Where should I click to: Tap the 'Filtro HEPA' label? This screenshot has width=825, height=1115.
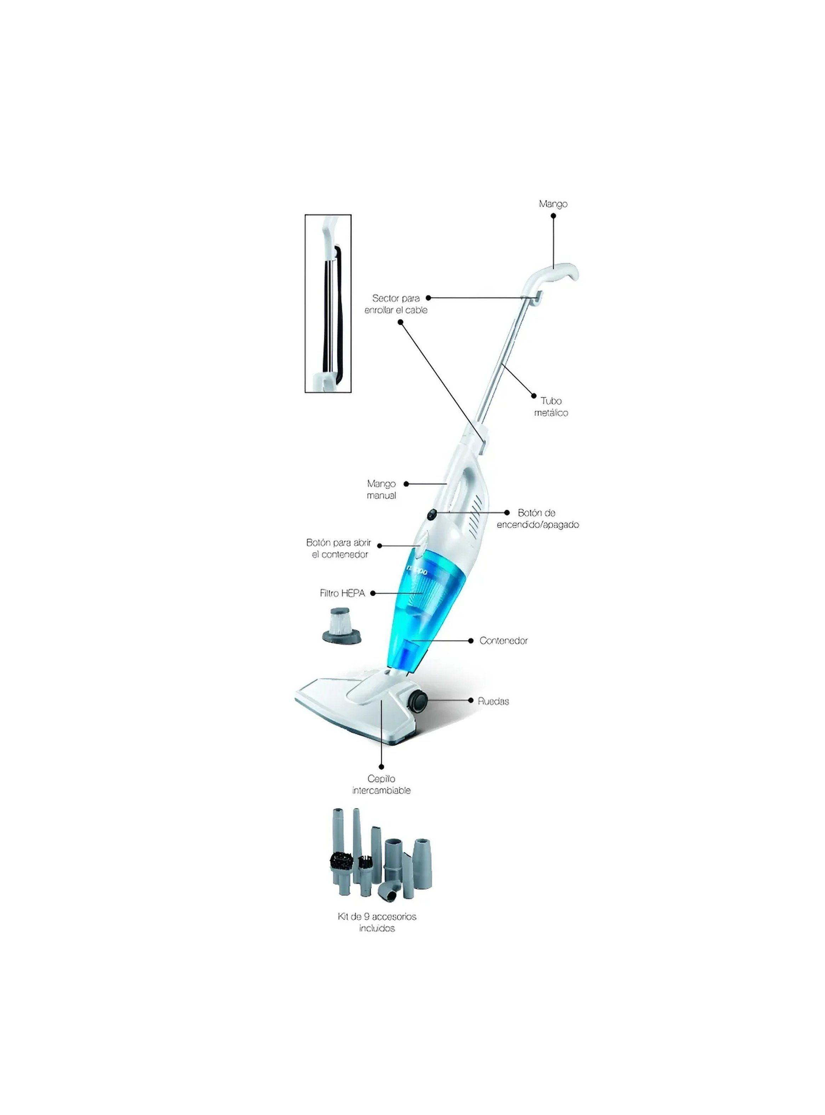(343, 593)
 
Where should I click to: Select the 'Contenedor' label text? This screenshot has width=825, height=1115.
(503, 641)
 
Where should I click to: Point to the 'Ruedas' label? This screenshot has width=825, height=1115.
(493, 701)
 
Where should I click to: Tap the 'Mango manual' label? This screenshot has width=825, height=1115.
(382, 489)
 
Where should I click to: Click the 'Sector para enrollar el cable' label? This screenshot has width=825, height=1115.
(396, 304)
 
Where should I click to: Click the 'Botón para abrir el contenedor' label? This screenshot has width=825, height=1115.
(339, 548)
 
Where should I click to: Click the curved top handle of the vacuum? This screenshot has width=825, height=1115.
(551, 278)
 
